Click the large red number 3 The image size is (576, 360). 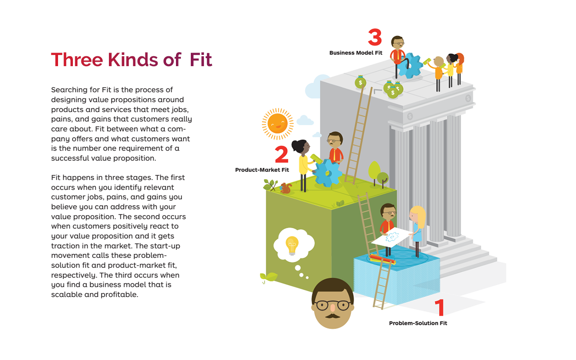375,38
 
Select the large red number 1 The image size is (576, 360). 440,308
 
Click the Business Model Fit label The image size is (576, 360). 355,53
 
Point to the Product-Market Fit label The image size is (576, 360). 262,170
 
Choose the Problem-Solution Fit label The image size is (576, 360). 418,323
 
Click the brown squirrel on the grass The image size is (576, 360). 285,188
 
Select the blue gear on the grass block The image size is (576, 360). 327,172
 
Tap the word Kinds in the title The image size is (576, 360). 132,60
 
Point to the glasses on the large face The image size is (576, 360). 333,305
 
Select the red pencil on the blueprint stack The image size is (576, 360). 382,260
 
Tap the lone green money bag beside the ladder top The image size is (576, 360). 360,82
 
